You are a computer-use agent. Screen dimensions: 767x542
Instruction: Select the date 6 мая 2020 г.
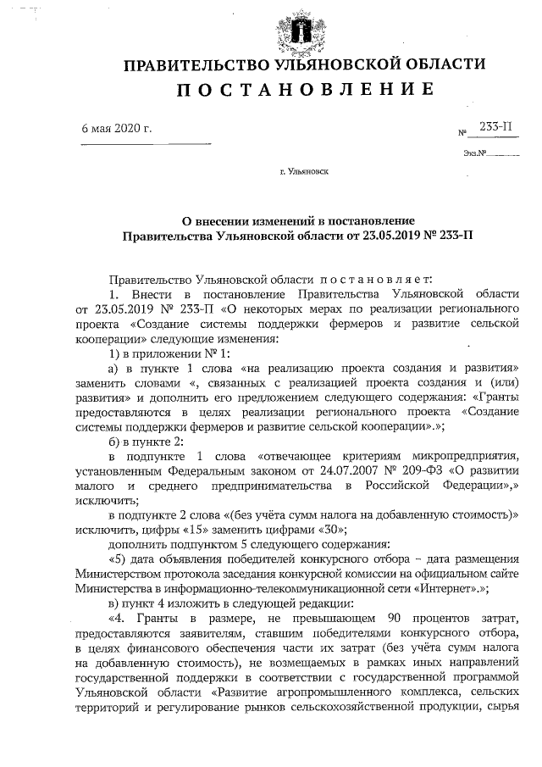pyautogui.click(x=115, y=129)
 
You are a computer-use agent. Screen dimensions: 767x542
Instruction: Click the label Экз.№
pyautogui.click(x=474, y=153)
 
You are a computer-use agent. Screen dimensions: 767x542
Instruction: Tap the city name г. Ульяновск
pyautogui.click(x=305, y=172)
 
